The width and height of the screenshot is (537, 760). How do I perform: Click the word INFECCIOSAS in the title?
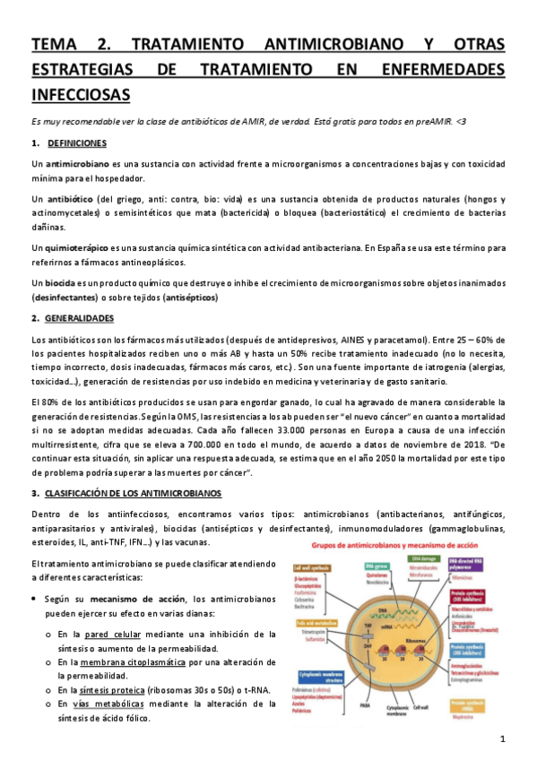tap(80, 93)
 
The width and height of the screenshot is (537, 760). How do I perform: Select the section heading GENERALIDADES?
tap(81, 318)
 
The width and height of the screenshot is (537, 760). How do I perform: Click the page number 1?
tap(503, 738)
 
